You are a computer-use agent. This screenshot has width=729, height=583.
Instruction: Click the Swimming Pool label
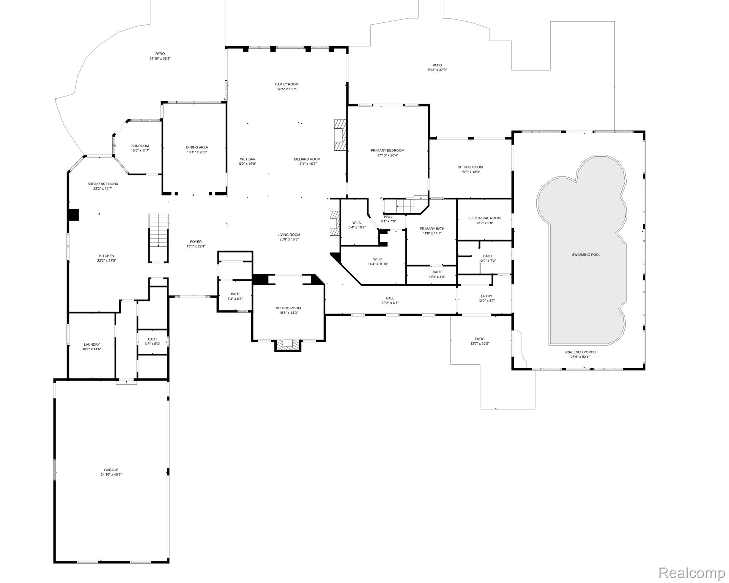(586, 255)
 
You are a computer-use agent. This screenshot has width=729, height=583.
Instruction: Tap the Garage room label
(112, 470)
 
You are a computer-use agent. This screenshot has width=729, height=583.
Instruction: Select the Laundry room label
(92, 345)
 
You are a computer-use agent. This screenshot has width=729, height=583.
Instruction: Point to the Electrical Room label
(484, 218)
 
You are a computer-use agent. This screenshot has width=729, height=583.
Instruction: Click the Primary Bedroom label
(387, 151)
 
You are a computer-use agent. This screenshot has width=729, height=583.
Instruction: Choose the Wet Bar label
(247, 159)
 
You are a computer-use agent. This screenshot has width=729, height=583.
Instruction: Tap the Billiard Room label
(307, 159)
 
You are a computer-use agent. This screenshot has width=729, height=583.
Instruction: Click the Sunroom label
(140, 146)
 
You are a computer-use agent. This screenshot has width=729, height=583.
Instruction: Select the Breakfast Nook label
(103, 184)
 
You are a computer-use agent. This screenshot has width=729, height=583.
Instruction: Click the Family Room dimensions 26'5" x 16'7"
(287, 89)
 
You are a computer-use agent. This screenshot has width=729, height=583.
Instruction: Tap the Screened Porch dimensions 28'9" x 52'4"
(580, 357)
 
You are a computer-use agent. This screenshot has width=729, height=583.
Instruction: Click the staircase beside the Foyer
(158, 238)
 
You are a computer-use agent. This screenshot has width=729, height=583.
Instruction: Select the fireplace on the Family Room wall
(340, 135)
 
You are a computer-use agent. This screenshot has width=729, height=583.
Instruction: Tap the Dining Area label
(197, 147)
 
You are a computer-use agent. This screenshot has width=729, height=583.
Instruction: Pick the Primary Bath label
(432, 229)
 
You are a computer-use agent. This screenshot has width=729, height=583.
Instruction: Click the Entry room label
(487, 296)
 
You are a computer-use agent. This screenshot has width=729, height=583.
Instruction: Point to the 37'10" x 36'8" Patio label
(160, 54)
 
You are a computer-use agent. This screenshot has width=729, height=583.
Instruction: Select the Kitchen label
(107, 256)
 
